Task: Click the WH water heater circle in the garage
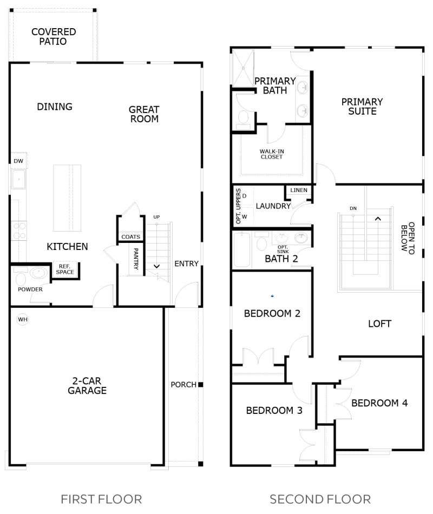pyautogui.click(x=23, y=319)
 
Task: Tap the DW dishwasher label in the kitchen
pyautogui.click(x=18, y=161)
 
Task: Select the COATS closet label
pyautogui.click(x=130, y=236)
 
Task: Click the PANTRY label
pyautogui.click(x=136, y=259)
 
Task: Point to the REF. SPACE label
pyautogui.click(x=65, y=269)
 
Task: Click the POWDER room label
pyautogui.click(x=30, y=289)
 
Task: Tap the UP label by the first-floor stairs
pyautogui.click(x=156, y=217)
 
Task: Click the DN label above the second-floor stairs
pyautogui.click(x=353, y=208)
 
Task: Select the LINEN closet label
pyautogui.click(x=299, y=190)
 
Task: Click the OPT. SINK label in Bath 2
pyautogui.click(x=283, y=249)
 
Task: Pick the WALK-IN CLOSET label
pyautogui.click(x=272, y=154)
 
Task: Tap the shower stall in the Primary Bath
pyautogui.click(x=243, y=68)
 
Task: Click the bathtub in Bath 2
pyautogui.click(x=242, y=249)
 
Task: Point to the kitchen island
pyautogui.click(x=67, y=198)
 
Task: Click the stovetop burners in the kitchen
pyautogui.click(x=19, y=231)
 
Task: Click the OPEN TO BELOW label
pyautogui.click(x=408, y=238)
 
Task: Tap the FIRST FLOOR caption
pyautogui.click(x=101, y=499)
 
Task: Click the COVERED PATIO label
pyautogui.click(x=54, y=36)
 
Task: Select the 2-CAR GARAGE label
pyautogui.click(x=87, y=385)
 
